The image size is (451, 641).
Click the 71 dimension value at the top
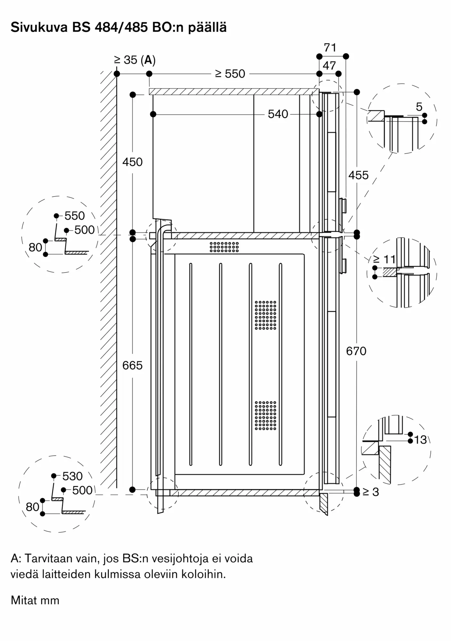[330, 47]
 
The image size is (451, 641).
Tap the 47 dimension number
[329, 65]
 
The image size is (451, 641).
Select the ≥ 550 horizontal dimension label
[230, 74]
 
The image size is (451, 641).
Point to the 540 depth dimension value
[278, 114]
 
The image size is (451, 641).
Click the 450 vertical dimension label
[132, 162]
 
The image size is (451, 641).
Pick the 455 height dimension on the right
[358, 175]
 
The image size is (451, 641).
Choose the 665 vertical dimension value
[132, 365]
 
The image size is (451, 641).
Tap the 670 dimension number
[356, 351]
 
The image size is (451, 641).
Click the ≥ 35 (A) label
[135, 60]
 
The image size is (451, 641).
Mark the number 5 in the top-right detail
[419, 107]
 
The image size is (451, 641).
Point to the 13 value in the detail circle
[420, 440]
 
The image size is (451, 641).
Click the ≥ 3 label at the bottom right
[371, 492]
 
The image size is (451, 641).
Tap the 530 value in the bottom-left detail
[72, 476]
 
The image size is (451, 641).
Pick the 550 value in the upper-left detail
[75, 216]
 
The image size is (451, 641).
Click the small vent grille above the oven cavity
[224, 247]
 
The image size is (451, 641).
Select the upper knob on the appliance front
[342, 205]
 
